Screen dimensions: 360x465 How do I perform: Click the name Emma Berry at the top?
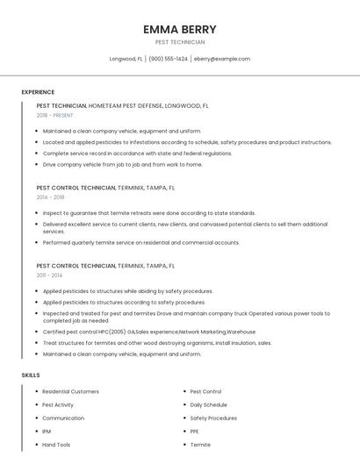tap(179, 29)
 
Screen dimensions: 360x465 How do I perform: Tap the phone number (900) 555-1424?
tap(168, 59)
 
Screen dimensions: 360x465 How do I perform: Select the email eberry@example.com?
tap(222, 59)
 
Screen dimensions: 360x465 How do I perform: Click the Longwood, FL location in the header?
tap(126, 59)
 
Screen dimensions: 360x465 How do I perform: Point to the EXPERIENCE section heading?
tap(38, 92)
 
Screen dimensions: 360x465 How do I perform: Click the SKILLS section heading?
tap(31, 375)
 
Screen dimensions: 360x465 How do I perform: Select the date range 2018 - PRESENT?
tap(54, 115)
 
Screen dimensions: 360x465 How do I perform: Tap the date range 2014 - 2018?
tap(50, 197)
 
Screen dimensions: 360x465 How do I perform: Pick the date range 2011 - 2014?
tap(49, 275)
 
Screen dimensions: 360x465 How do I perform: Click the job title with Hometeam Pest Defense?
tap(122, 105)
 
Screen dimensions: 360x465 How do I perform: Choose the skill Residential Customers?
tap(70, 391)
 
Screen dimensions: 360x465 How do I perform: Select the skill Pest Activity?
tap(58, 404)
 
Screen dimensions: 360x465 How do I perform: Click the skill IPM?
tap(47, 432)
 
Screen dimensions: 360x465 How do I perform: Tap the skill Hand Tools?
tap(56, 445)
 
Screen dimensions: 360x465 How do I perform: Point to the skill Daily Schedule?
tap(208, 404)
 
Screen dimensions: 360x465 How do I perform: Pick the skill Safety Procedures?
tap(213, 418)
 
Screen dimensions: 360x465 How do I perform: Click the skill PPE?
tap(195, 432)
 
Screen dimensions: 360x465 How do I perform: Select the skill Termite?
tap(200, 445)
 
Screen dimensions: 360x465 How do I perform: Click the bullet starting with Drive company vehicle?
tap(122, 164)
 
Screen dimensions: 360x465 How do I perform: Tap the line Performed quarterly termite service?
tap(140, 242)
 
